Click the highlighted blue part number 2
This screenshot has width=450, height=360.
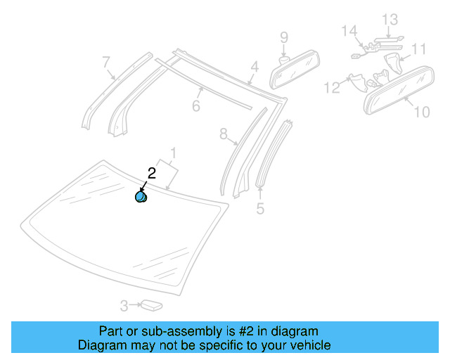tap(141, 197)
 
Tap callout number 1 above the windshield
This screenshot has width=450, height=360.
tap(172, 152)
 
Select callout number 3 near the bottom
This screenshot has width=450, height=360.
tap(124, 306)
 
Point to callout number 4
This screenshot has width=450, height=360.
tap(255, 67)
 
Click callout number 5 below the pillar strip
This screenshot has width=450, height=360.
tap(260, 209)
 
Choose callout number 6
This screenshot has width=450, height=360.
tap(196, 106)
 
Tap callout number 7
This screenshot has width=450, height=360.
tap(106, 62)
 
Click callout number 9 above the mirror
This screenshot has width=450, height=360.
tap(284, 37)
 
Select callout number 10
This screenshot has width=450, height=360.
tap(421, 111)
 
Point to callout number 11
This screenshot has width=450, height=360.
tap(419, 49)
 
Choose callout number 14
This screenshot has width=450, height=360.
tap(349, 31)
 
